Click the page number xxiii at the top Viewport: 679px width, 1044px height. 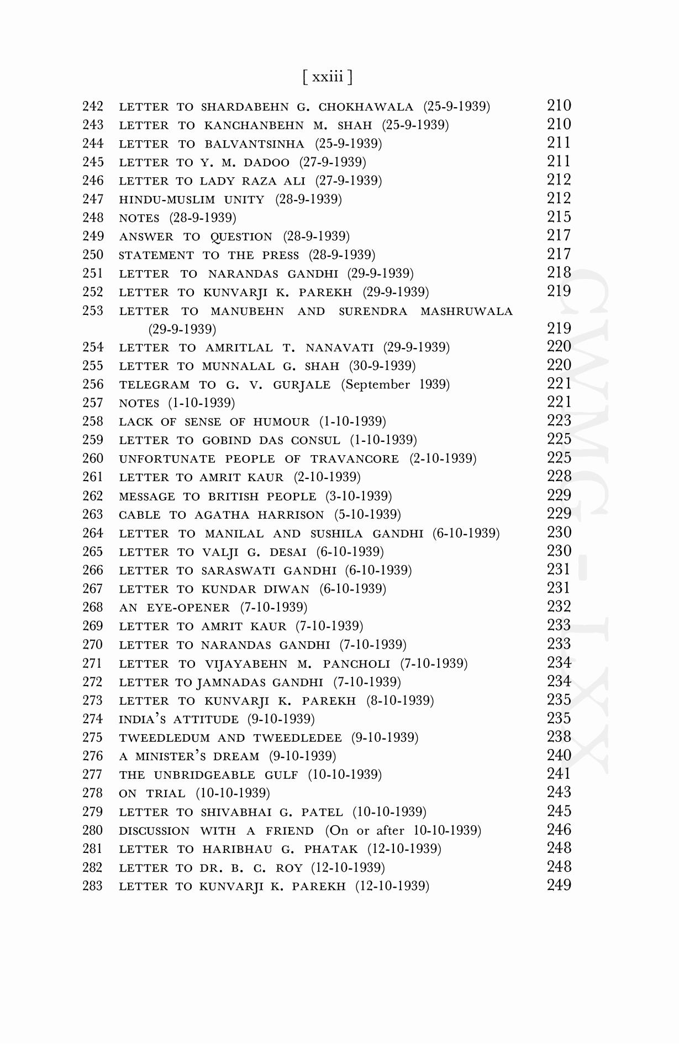(328, 77)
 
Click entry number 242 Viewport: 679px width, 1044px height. (93, 107)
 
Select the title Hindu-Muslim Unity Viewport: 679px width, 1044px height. (192, 199)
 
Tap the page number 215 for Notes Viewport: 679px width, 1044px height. (559, 217)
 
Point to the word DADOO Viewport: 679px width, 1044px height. (266, 162)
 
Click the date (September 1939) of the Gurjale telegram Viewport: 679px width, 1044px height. (395, 384)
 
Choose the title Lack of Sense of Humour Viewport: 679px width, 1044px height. (214, 422)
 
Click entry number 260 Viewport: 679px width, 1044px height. (93, 459)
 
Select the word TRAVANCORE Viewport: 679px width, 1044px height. (354, 459)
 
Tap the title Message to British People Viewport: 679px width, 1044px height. (218, 497)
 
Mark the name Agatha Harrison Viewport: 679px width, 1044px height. (259, 515)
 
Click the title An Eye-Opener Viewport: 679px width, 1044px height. (175, 608)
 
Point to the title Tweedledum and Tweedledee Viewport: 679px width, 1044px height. (230, 738)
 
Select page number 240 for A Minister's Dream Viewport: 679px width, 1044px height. (559, 755)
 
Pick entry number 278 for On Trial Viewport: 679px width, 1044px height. (93, 793)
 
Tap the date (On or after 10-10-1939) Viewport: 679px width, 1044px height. (403, 831)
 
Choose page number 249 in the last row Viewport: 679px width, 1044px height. (559, 885)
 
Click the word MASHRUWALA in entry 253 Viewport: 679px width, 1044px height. (466, 312)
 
